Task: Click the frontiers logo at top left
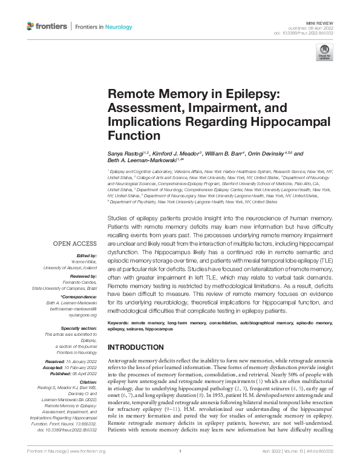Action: pos(46,27)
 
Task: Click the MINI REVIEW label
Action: pos(319,21)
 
